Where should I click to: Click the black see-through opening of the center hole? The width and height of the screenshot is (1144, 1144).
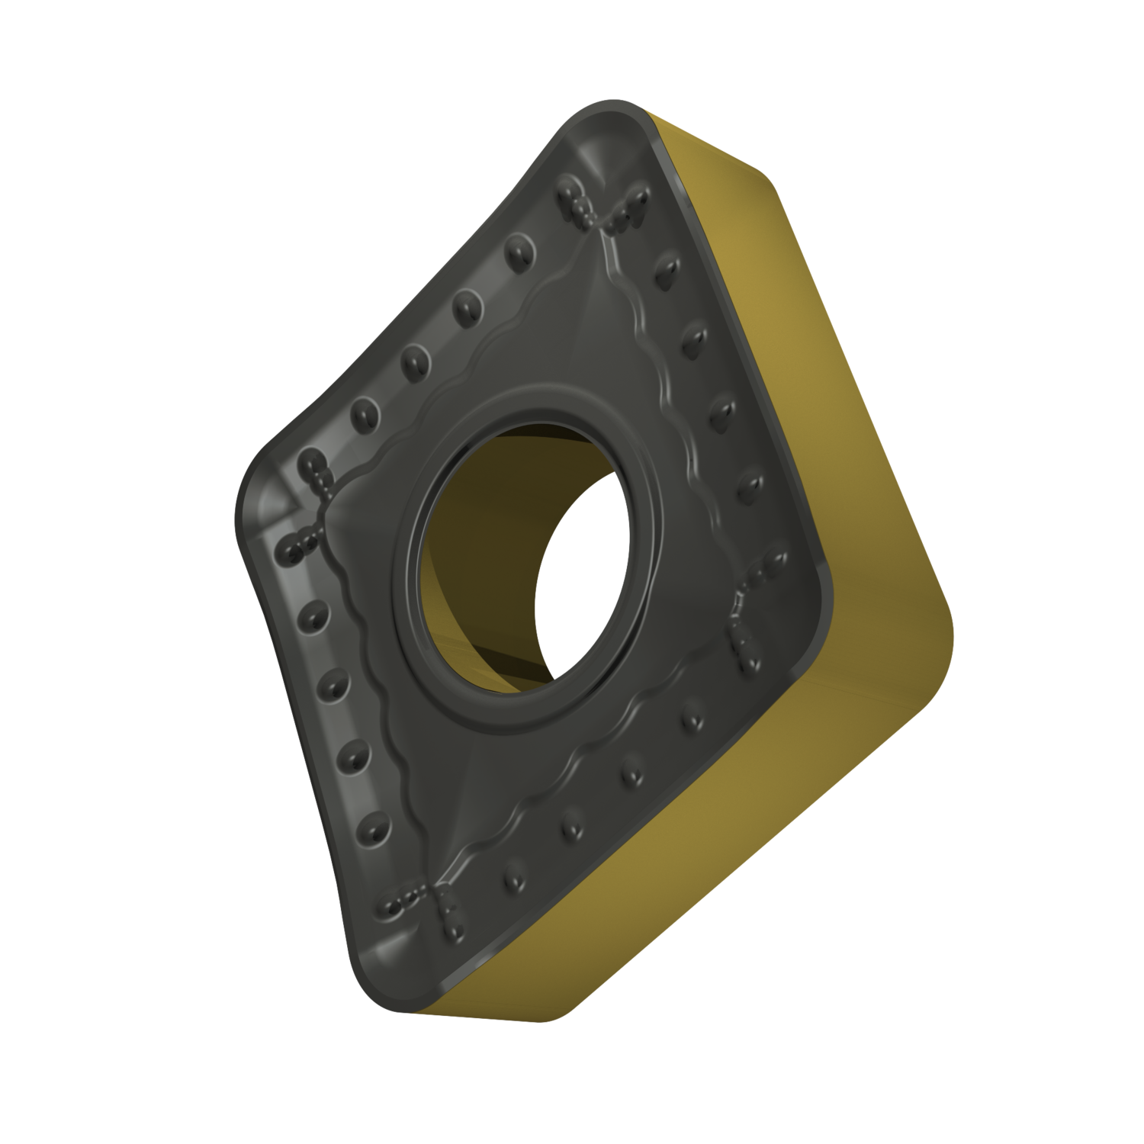(583, 580)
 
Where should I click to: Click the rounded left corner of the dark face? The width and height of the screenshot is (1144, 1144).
(255, 488)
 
